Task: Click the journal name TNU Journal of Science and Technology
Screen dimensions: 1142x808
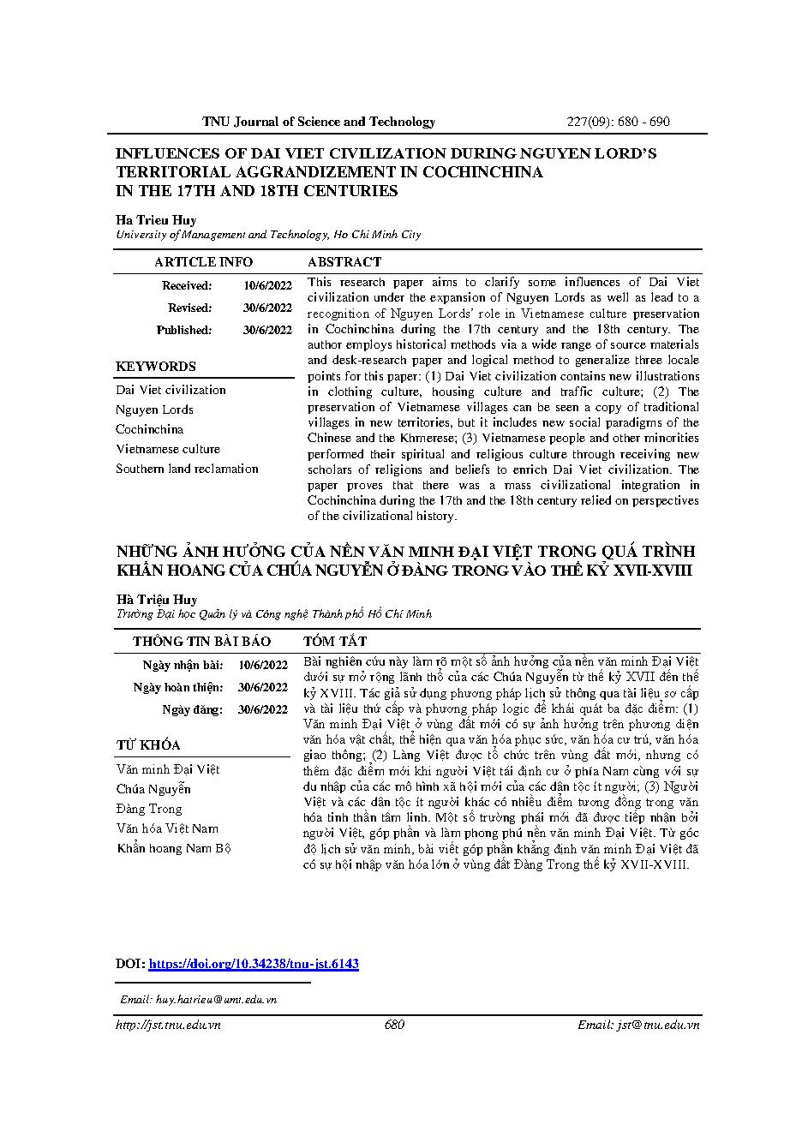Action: coord(319,122)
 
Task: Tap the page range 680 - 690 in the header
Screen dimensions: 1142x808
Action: coord(643,122)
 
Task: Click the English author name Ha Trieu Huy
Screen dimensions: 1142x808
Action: coord(156,220)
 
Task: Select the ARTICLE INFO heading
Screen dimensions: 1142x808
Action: coord(203,262)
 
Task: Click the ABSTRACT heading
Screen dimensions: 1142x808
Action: coord(344,262)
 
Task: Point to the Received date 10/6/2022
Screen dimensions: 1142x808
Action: coord(267,286)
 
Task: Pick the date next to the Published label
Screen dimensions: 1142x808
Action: coord(267,330)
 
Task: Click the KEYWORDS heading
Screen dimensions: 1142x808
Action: coord(156,367)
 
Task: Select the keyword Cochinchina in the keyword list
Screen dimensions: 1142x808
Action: coord(150,429)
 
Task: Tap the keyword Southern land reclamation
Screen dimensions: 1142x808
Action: coord(187,469)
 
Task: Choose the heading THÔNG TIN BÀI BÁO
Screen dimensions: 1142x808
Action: coord(201,642)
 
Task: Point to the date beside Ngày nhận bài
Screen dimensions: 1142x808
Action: coord(263,665)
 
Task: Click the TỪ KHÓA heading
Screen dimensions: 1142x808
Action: coord(148,745)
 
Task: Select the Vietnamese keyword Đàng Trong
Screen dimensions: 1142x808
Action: coord(149,809)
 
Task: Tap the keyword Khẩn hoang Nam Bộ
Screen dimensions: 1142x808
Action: coord(174,848)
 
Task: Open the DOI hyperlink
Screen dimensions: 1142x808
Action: coord(254,964)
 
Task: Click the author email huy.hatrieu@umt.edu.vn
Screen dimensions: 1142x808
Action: coord(199,999)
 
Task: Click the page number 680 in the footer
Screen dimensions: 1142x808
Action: coord(395,1025)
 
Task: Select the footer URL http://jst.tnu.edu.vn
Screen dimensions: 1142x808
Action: coord(169,1025)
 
